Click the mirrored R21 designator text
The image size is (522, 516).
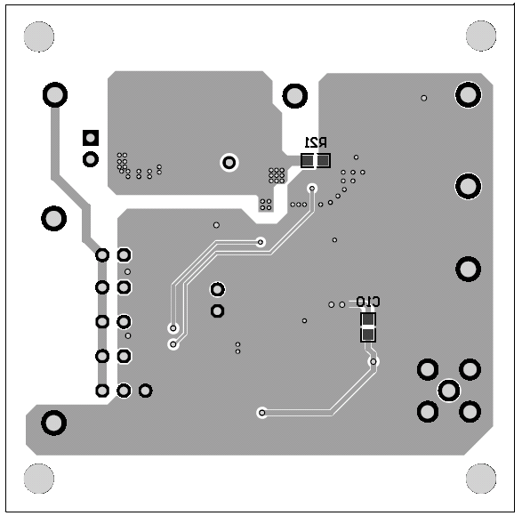(x=316, y=142)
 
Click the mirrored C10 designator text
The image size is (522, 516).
(x=368, y=302)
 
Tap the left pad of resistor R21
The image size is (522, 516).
(x=308, y=161)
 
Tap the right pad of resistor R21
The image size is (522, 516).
(x=323, y=161)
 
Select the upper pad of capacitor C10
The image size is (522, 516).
(x=368, y=319)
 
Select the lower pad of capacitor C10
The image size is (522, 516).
(x=368, y=335)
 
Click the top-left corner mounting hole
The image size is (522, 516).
(x=39, y=36)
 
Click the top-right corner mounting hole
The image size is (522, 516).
(x=481, y=36)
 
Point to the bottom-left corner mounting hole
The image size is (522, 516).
(x=39, y=479)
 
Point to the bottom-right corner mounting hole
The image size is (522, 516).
(x=481, y=479)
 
